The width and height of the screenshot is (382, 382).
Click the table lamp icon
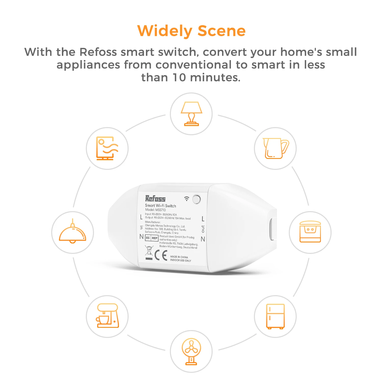tap(191, 114)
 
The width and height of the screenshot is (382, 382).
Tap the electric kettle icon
tap(275, 148)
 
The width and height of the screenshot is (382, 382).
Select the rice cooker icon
tap(310, 232)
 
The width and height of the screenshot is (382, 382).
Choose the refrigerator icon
tap(275, 316)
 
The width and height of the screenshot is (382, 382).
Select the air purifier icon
tap(107, 148)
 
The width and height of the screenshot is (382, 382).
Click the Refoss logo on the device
tap(155, 199)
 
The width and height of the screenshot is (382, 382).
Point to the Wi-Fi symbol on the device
tap(187, 199)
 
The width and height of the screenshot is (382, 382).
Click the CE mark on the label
tap(161, 255)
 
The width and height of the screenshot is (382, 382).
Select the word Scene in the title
tap(221, 31)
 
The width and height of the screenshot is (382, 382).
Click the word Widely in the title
tap(165, 31)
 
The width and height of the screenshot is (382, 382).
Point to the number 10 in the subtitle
tap(179, 77)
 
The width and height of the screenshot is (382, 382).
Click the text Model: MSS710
tap(155, 210)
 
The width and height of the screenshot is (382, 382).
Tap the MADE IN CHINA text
tap(179, 257)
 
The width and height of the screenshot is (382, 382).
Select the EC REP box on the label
tap(152, 238)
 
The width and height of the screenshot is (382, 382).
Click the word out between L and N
tap(203, 229)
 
